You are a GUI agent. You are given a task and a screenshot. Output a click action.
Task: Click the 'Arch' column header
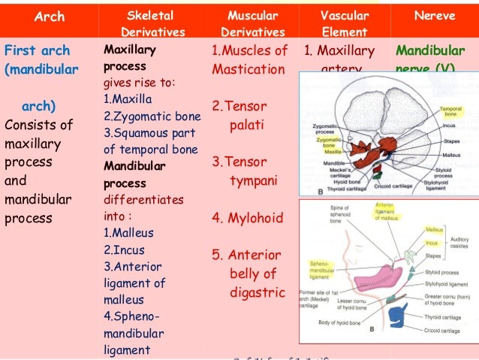[x=50, y=16]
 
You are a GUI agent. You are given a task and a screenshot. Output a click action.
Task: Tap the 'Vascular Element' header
[x=344, y=23]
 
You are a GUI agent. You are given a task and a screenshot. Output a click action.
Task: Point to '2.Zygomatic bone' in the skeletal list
[x=151, y=116]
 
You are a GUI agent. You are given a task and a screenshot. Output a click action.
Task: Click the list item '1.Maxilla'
[x=129, y=100]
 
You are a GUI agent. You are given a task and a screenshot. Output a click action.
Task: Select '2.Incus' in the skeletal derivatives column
[x=125, y=250]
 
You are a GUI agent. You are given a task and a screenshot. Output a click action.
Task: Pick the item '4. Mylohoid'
[x=247, y=219]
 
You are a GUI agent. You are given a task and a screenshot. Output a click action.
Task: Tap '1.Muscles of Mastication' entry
[x=249, y=60]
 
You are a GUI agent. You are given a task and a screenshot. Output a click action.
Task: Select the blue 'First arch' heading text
[x=38, y=51]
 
